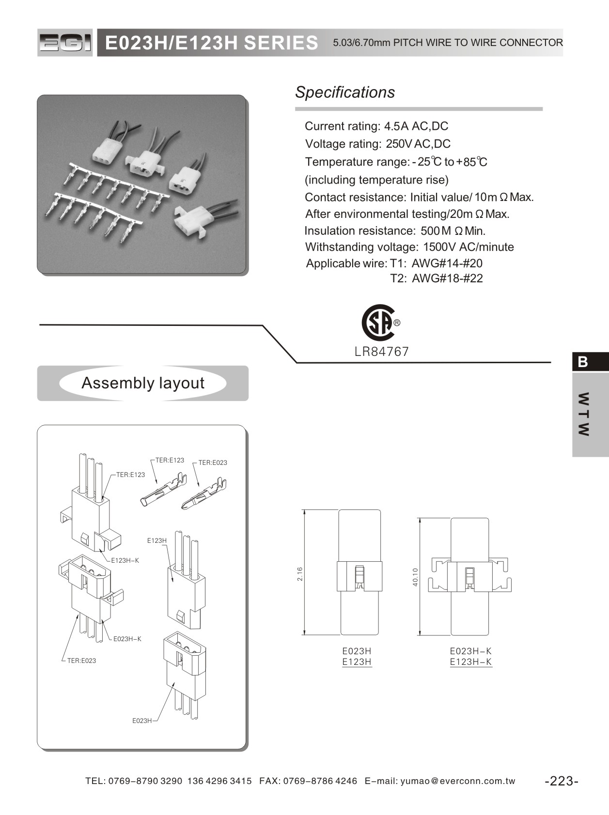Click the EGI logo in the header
click(65, 43)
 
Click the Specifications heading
click(345, 92)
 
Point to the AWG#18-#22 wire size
click(447, 278)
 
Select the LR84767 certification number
click(382, 352)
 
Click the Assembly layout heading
click(143, 383)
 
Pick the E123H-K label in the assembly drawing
click(125, 560)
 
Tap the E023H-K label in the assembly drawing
click(127, 639)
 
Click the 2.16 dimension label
click(299, 574)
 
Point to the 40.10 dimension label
click(415, 577)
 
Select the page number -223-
click(562, 781)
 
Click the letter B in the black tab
click(583, 362)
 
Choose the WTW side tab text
click(584, 414)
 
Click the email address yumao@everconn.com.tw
click(458, 781)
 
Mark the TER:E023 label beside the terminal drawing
click(213, 462)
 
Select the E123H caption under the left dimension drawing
click(357, 662)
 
